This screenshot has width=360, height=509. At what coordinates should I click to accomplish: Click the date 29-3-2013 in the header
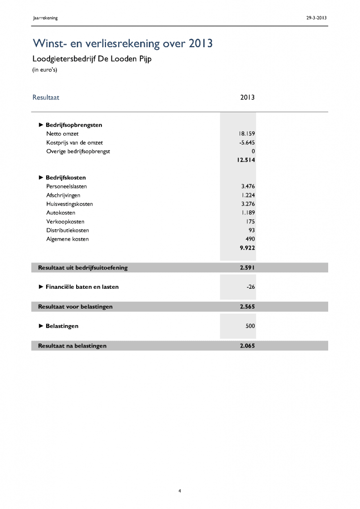pyautogui.click(x=317, y=18)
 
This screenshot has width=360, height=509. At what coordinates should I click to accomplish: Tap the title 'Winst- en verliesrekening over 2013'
pyautogui.click(x=122, y=44)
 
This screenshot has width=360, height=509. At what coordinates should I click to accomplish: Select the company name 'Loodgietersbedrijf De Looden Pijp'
pyautogui.click(x=91, y=59)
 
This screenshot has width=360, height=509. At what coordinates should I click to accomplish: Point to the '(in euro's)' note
pyautogui.click(x=45, y=70)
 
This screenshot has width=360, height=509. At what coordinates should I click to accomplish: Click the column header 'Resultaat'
pyautogui.click(x=46, y=97)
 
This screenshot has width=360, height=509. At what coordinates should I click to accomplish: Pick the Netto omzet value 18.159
pyautogui.click(x=247, y=134)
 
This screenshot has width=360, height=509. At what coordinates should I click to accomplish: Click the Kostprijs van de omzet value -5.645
pyautogui.click(x=247, y=143)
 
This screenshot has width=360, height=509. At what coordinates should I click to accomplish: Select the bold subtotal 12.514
pyautogui.click(x=246, y=160)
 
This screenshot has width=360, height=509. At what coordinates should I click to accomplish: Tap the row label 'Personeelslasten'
pyautogui.click(x=67, y=186)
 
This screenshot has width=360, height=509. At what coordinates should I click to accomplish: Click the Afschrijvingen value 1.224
pyautogui.click(x=248, y=195)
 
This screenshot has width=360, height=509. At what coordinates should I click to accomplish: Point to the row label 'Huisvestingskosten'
pyautogui.click(x=70, y=204)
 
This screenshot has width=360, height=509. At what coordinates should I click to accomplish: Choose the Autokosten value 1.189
pyautogui.click(x=248, y=213)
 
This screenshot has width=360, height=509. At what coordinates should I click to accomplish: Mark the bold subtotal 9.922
pyautogui.click(x=247, y=248)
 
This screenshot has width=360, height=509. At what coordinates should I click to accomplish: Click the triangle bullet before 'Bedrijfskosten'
pyautogui.click(x=41, y=177)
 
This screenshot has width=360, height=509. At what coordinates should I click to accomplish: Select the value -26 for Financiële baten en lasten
pyautogui.click(x=250, y=287)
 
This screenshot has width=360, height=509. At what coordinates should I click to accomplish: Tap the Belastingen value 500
pyautogui.click(x=250, y=326)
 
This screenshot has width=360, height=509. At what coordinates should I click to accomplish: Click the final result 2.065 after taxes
pyautogui.click(x=247, y=345)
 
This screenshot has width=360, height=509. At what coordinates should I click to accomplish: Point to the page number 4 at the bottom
pyautogui.click(x=180, y=492)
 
